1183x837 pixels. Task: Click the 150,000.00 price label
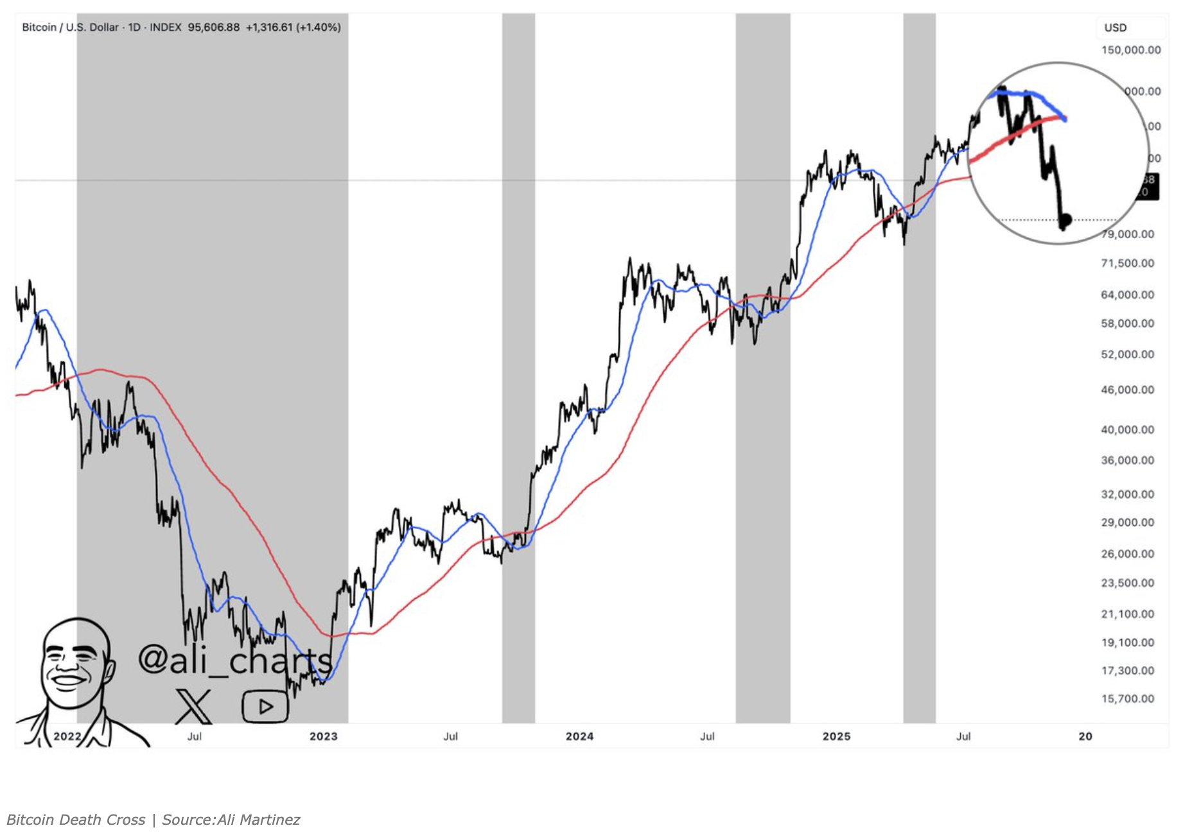(x=1130, y=50)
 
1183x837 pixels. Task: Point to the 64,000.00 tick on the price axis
(x=1127, y=295)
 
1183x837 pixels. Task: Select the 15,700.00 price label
(x=1127, y=698)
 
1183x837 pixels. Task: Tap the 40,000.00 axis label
(x=1127, y=429)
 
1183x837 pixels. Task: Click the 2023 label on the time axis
(x=323, y=736)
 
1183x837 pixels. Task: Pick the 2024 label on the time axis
(x=579, y=736)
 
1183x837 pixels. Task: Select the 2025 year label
(x=836, y=736)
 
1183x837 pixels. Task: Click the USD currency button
(x=1116, y=28)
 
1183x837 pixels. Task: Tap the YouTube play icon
(x=265, y=707)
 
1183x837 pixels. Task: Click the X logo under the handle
(x=193, y=706)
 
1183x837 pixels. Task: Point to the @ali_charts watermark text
(x=234, y=660)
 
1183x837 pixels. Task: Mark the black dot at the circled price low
(x=1065, y=220)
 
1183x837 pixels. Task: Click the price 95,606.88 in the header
(x=213, y=27)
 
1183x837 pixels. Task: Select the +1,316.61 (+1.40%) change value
(x=293, y=27)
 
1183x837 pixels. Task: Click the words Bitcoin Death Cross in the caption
(x=76, y=820)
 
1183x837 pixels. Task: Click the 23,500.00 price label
(x=1127, y=583)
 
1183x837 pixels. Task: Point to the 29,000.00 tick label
(x=1127, y=522)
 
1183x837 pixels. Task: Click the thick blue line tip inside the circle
(x=1064, y=118)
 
